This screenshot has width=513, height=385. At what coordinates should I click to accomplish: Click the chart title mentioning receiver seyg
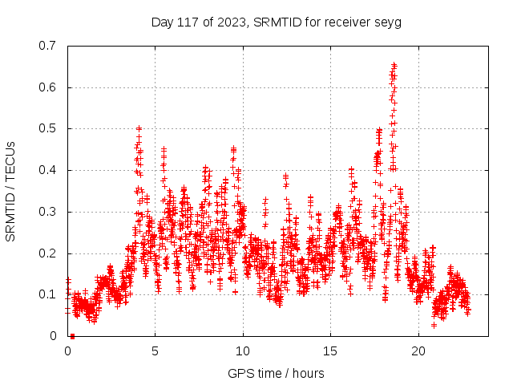(x=277, y=22)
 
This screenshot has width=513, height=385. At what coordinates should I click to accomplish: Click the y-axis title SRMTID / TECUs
(x=10, y=191)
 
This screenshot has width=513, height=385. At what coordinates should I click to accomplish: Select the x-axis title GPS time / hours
(x=277, y=373)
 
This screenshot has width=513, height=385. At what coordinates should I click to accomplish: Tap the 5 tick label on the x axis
(x=156, y=351)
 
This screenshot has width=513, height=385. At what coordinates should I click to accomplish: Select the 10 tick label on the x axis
(x=243, y=351)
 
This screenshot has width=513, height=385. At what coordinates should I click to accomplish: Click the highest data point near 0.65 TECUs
(x=394, y=65)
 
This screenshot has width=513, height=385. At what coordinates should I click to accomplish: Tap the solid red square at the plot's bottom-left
(x=72, y=336)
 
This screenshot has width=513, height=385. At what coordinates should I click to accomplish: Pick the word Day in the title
(x=163, y=22)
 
